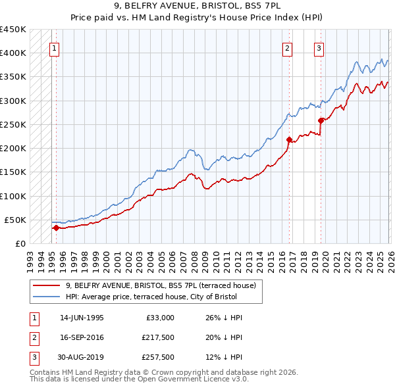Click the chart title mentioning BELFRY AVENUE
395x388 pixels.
point(197,7)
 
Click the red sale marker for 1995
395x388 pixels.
point(56,228)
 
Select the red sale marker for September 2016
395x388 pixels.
point(289,139)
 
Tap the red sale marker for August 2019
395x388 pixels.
point(321,120)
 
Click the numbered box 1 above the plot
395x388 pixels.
point(53,47)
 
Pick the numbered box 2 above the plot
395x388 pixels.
point(287,47)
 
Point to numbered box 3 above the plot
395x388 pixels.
point(319,47)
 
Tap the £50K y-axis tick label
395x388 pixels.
point(16,220)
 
